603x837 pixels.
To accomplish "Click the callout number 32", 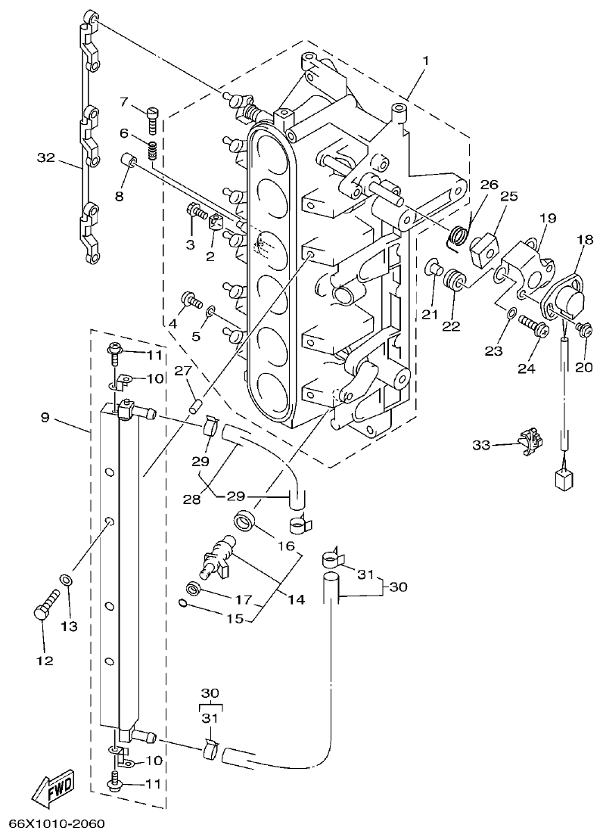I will tap(47, 157).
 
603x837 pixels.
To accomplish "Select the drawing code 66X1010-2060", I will tap(57, 823).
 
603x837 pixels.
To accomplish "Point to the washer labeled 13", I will tap(67, 580).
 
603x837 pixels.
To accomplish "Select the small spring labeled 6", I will tap(151, 151).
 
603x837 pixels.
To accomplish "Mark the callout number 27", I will tap(183, 370).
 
